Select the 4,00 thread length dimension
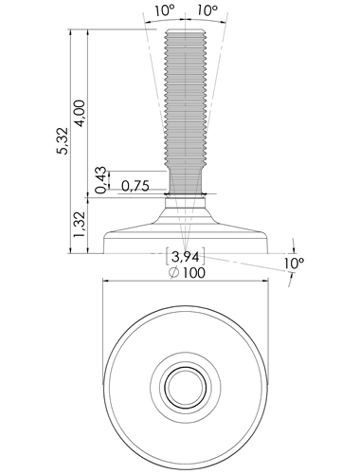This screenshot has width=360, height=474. [x=81, y=113]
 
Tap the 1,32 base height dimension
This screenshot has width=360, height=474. [x=79, y=225]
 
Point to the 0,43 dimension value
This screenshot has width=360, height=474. [x=101, y=179]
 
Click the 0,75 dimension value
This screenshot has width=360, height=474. [x=135, y=187]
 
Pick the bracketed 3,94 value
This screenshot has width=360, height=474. [x=186, y=257]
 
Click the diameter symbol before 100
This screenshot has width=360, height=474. [x=174, y=273]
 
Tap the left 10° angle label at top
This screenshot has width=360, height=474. [x=165, y=10]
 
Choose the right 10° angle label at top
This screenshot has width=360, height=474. [x=207, y=10]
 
